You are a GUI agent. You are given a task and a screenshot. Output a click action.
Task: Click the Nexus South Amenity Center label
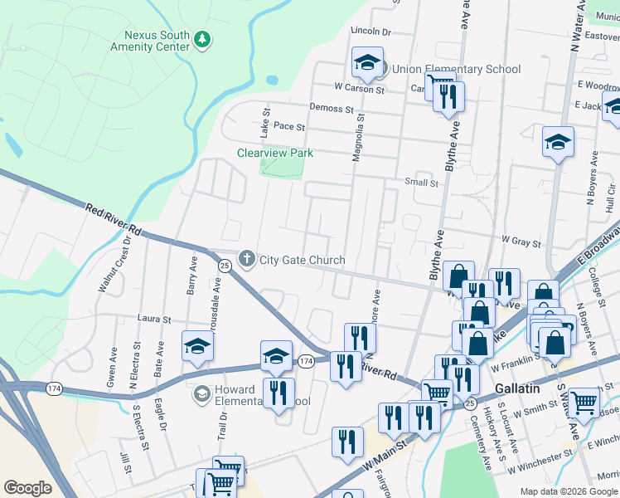point(149,41)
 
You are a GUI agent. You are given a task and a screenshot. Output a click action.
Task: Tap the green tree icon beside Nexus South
point(201,39)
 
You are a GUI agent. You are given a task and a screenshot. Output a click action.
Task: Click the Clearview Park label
point(275,153)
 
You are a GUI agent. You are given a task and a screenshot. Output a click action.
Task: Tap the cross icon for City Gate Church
point(246,260)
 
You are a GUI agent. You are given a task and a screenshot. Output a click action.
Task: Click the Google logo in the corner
point(27,488)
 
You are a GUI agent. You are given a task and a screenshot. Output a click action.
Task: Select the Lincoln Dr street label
point(371,32)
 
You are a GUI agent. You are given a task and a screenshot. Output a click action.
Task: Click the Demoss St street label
point(332,108)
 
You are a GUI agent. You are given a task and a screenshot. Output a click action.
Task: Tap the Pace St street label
point(289,127)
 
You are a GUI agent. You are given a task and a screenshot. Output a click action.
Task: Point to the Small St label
point(421,183)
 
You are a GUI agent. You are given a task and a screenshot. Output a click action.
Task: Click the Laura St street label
point(154,319)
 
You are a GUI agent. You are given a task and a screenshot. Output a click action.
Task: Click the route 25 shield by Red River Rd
point(225,265)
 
